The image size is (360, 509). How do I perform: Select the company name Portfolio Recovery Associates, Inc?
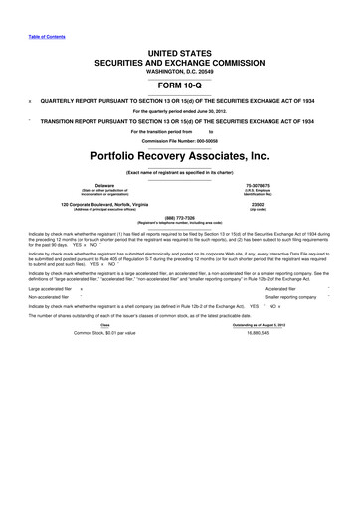(180, 156)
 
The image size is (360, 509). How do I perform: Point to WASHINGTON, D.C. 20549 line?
(179, 72)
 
